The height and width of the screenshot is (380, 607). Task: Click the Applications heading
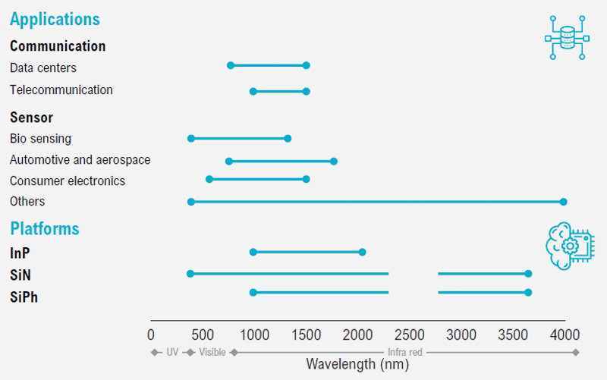tap(55, 20)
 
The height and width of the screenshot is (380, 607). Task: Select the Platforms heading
tap(45, 229)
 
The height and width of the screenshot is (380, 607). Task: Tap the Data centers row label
tap(43, 68)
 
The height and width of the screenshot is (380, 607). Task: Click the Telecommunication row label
tap(61, 90)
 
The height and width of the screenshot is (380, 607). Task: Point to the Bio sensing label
tap(40, 139)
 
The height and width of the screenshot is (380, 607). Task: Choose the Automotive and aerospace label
tap(80, 160)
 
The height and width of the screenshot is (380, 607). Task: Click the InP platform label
tap(20, 253)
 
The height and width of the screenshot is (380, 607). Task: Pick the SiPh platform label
tap(24, 297)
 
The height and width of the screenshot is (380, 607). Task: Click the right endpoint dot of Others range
tap(563, 202)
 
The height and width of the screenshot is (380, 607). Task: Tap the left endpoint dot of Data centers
tap(231, 65)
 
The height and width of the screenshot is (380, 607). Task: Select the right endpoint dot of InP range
tap(362, 253)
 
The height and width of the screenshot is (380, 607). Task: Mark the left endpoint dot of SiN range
tap(190, 274)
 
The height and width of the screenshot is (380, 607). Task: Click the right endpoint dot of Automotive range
tap(334, 161)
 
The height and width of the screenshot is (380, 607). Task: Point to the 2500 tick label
tap(410, 334)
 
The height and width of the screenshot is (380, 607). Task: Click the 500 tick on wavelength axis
tap(203, 334)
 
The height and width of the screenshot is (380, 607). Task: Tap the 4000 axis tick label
tap(565, 334)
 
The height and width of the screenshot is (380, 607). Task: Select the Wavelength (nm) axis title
tap(357, 364)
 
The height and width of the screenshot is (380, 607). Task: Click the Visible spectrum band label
tap(212, 352)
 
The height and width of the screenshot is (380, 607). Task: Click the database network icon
tap(567, 37)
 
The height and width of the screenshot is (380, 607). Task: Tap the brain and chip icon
tap(570, 246)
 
